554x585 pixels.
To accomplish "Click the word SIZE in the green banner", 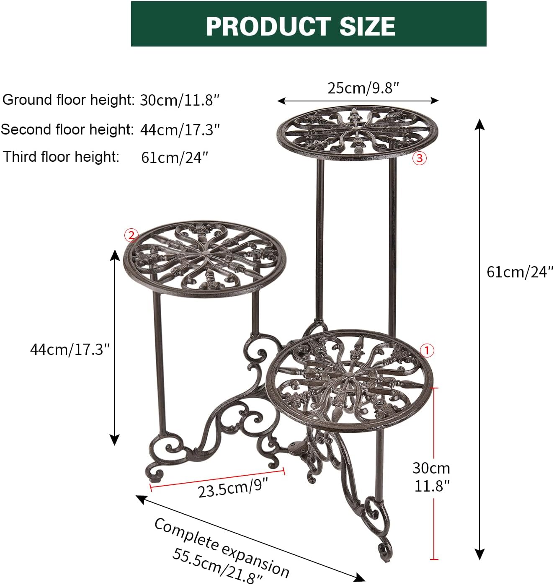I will (367, 26).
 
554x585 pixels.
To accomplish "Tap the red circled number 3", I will (420, 158).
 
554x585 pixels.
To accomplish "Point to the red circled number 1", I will (427, 350).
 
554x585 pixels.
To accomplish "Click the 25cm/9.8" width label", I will (363, 88).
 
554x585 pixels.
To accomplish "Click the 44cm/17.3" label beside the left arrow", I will (70, 349).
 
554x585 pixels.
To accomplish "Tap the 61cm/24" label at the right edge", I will (520, 272).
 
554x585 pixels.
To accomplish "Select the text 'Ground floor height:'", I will (68, 100).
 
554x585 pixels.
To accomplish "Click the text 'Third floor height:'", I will (61, 157).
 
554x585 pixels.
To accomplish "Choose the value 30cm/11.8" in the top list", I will (179, 101).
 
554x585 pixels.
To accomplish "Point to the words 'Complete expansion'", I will (222, 547).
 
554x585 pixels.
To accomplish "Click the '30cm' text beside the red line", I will (431, 468).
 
